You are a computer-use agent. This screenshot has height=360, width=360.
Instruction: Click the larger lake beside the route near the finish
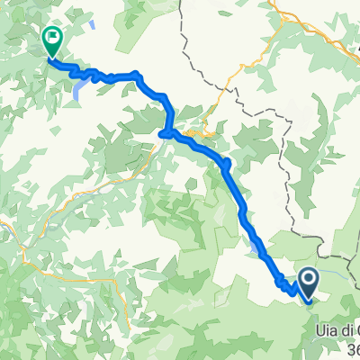(80, 86)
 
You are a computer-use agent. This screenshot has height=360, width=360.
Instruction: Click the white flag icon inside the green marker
(53, 37)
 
